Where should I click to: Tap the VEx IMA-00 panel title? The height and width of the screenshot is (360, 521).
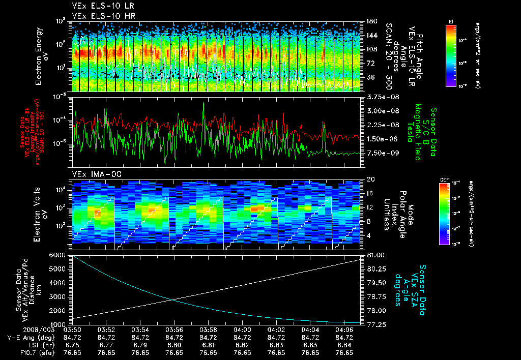[x=91, y=174]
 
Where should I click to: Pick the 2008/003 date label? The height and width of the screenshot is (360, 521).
[x=21, y=329]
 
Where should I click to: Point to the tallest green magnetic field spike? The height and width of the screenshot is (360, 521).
[x=204, y=103]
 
